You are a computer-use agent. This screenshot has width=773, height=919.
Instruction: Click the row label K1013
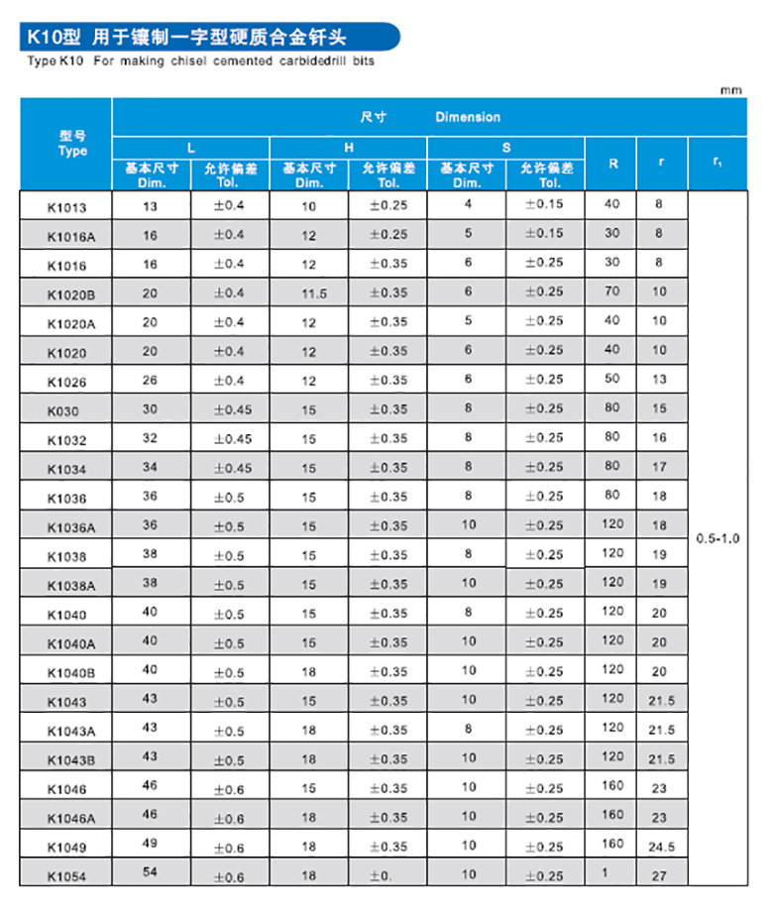pos(66,207)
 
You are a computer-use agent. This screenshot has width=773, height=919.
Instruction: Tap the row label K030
pos(62,410)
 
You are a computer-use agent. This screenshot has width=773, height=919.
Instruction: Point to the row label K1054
pos(66,875)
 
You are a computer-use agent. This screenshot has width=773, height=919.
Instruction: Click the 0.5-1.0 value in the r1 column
pos(718,537)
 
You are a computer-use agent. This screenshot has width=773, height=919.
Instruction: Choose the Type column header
pos(72,144)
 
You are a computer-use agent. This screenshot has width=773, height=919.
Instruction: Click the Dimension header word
pos(467,117)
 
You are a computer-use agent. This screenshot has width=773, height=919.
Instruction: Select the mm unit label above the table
pos(730,90)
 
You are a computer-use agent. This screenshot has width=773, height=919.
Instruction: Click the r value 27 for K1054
pos(660,875)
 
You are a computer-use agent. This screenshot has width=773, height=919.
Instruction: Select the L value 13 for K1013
pos(151,205)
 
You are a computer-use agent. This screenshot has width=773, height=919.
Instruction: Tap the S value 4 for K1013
pos(467,204)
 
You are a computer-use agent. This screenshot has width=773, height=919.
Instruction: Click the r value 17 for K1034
pos(660,467)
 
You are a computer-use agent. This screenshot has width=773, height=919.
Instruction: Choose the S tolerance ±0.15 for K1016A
pos(544,234)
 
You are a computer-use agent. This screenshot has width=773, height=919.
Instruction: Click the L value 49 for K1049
pos(151,845)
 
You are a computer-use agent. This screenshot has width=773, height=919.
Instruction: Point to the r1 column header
pos(718,163)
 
